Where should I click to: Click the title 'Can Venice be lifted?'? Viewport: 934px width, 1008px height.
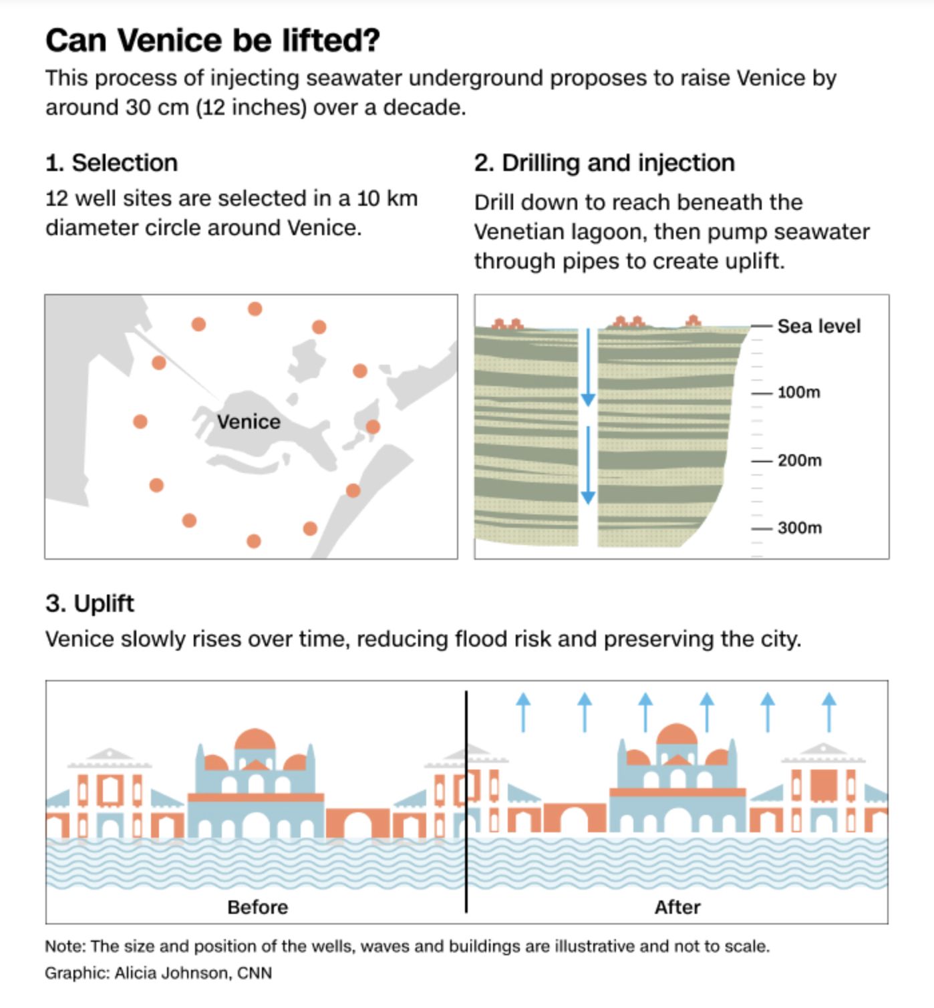click(x=212, y=40)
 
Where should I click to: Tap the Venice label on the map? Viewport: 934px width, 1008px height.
click(x=249, y=422)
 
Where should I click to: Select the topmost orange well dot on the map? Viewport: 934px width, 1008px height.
click(x=255, y=309)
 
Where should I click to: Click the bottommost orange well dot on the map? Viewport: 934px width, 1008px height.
click(x=254, y=541)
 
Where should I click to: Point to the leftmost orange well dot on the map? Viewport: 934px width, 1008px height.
click(x=140, y=422)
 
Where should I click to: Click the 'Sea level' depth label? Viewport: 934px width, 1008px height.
click(x=818, y=327)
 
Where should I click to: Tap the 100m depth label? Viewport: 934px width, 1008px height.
click(x=799, y=392)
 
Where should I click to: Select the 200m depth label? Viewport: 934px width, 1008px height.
click(x=800, y=460)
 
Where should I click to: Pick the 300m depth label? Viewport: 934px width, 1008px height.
click(x=800, y=528)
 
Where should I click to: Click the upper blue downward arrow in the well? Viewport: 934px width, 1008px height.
click(x=588, y=367)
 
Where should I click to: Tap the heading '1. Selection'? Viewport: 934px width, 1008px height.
click(x=111, y=163)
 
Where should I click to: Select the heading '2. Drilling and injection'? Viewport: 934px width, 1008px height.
click(x=605, y=164)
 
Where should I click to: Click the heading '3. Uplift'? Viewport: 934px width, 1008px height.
click(x=90, y=604)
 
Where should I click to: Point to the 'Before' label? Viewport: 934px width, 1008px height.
click(x=257, y=907)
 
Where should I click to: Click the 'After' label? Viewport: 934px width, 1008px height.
click(x=677, y=907)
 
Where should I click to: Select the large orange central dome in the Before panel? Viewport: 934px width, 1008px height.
click(x=255, y=739)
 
